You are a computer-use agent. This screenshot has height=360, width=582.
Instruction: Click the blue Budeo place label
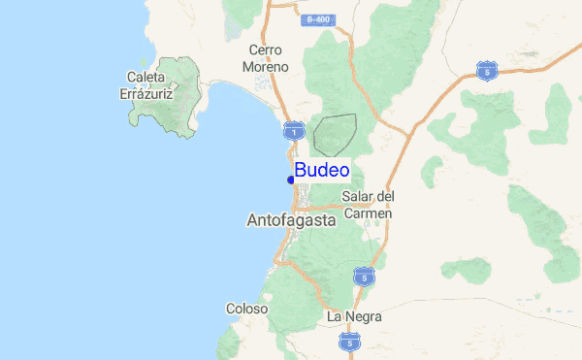tap(322, 171)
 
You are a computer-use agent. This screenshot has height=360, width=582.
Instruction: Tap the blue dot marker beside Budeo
tap(291, 180)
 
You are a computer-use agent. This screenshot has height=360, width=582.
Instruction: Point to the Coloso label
tap(246, 309)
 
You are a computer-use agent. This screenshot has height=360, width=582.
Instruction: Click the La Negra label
tap(354, 316)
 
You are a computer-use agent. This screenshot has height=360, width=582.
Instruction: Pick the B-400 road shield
tap(316, 19)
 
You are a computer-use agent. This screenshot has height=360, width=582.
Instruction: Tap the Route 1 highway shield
tap(293, 129)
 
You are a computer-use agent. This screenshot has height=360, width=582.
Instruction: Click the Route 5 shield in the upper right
tap(487, 70)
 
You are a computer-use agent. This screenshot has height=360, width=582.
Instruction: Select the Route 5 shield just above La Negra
tap(364, 278)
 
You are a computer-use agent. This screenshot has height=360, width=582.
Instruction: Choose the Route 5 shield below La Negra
tap(351, 342)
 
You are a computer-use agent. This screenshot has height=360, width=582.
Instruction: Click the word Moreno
tap(266, 67)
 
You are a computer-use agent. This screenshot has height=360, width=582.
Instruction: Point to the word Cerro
tap(265, 49)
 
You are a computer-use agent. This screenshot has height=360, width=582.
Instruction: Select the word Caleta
tap(146, 76)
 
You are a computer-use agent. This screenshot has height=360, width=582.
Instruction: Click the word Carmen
tap(369, 213)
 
